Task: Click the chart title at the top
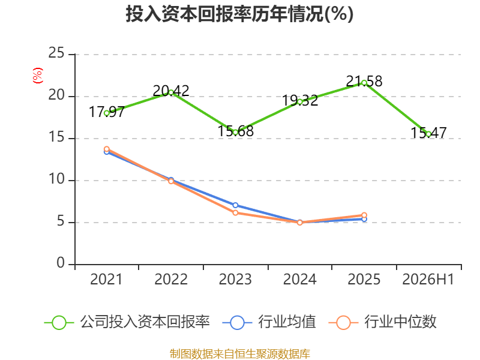[239, 14]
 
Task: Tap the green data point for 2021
[107, 113]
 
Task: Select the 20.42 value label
[171, 91]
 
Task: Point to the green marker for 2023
[235, 133]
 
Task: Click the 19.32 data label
[300, 101]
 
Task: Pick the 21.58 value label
[364, 82]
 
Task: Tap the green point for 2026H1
[428, 134]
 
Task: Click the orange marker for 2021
[107, 149]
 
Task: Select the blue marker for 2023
[235, 205]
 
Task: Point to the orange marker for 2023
[235, 213]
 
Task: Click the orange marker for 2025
[364, 215]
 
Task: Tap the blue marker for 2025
[364, 219]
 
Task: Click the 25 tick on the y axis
[56, 53]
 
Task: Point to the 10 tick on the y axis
[56, 179]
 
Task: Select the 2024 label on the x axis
[299, 279]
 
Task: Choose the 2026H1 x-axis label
[428, 279]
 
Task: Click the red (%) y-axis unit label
[38, 76]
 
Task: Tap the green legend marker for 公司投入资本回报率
[59, 323]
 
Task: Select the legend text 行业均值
[287, 322]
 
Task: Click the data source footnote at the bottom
[240, 354]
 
